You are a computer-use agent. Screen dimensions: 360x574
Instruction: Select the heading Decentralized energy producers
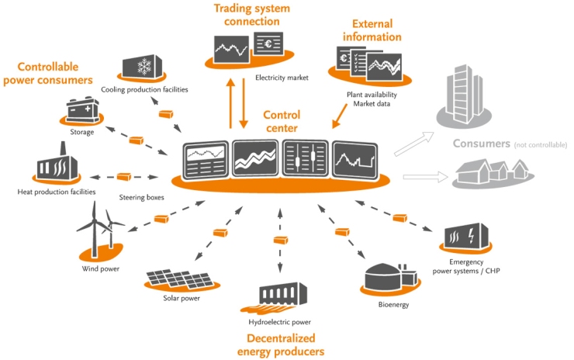click(x=285, y=344)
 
